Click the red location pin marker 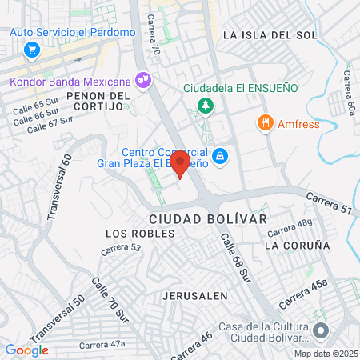[x=180, y=164]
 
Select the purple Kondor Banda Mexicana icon [x=143, y=79]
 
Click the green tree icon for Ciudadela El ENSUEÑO [x=206, y=105]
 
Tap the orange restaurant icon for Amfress [x=262, y=123]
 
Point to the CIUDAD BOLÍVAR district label [x=207, y=218]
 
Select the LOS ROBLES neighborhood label [x=134, y=234]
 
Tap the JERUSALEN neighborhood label [x=191, y=295]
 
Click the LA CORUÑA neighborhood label [x=297, y=245]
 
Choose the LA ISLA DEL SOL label [x=270, y=35]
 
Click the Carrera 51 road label [x=330, y=205]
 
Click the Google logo [x=27, y=350]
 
